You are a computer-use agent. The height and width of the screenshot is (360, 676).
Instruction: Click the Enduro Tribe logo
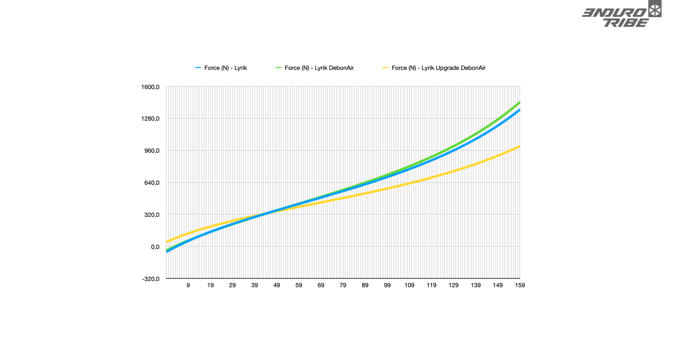coord(621,15)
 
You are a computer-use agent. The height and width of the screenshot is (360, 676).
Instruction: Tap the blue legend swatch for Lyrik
coord(198,68)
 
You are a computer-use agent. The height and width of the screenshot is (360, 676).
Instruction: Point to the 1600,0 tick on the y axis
coord(150,87)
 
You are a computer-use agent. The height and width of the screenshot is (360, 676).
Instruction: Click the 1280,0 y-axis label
coord(150,119)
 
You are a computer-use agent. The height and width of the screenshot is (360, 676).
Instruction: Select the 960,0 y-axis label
coord(152,151)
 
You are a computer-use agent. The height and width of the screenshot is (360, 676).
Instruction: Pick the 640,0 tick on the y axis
coord(152,183)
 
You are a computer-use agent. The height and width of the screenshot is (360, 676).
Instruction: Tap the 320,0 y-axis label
coord(152,215)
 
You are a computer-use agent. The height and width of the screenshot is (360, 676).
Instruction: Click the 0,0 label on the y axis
coord(154,247)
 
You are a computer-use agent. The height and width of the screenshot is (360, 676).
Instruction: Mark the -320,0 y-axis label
coord(150,279)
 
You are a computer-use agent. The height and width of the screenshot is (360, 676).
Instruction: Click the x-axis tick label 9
coord(188,285)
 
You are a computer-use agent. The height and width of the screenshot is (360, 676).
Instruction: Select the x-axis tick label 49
coord(277,285)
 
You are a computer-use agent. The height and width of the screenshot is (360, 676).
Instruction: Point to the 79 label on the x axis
coord(343,285)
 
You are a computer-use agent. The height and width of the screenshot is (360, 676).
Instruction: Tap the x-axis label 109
coord(409,285)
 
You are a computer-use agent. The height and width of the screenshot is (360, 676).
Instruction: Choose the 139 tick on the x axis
coord(476,285)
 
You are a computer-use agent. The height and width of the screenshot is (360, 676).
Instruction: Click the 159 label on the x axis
coord(520,285)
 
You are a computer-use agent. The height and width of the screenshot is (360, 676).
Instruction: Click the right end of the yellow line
coord(520,146)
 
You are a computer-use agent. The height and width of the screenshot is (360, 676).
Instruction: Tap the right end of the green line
coord(520,102)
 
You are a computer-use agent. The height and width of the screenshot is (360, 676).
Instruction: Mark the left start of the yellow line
coord(166,242)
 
